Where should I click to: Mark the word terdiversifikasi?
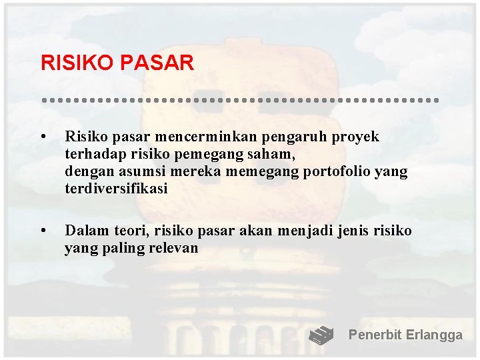click(116, 189)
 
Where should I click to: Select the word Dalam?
click(85, 231)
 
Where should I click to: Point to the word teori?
click(130, 231)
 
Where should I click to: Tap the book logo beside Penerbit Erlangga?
click(321, 335)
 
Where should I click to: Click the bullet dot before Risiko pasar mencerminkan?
click(43, 137)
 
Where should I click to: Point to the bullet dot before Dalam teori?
click(43, 231)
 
